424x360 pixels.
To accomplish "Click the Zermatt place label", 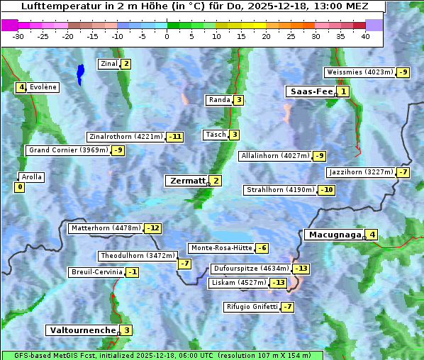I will tap(187, 181).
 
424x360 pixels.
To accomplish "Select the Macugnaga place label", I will tap(333, 235).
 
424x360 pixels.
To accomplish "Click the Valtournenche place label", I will tap(82, 330).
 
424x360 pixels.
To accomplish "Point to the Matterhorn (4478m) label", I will tap(106, 228).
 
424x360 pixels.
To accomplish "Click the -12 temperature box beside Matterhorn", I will tap(152, 228).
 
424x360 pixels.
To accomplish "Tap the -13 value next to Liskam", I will tap(279, 283).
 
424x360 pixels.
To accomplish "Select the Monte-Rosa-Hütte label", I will tap(221, 248).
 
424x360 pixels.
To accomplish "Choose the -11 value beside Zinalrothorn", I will tap(174, 137).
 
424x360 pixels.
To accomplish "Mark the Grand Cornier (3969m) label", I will tap(68, 150).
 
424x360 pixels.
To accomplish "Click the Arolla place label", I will tap(32, 177).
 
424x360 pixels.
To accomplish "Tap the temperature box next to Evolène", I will tap(21, 87).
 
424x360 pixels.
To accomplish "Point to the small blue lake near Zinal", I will tap(80, 73).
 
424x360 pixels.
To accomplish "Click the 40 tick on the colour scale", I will tap(365, 36).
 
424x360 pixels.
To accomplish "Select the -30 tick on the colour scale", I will tap(18, 36).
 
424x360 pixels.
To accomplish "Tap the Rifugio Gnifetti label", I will tap(251, 307).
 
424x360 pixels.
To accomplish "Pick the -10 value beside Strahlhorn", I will tap(327, 190).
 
